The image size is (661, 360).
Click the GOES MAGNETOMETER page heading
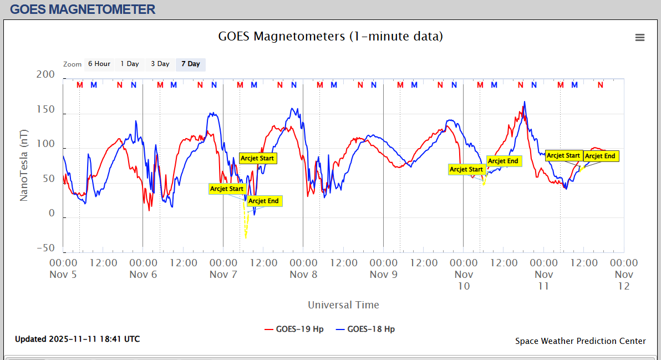pos(83,9)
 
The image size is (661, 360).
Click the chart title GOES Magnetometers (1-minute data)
pos(330,37)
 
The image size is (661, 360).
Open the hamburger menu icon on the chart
pos(639,37)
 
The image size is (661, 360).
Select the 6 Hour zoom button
pos(99,64)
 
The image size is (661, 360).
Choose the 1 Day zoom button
pos(130,64)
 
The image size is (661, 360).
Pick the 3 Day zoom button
pos(160,64)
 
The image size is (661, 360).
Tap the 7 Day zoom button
pos(190,64)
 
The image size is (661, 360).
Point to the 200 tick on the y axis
pos(45,75)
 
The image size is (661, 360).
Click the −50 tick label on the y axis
pos(45,249)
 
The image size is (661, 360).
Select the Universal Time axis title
pos(343,305)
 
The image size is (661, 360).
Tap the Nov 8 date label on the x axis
pos(304,274)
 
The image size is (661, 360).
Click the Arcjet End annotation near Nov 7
pos(263,201)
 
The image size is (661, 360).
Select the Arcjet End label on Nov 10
pos(503,161)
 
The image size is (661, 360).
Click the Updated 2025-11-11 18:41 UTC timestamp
pos(77,339)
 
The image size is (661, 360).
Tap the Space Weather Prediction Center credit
pos(580,341)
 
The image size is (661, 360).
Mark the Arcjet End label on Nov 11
pos(600,156)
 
